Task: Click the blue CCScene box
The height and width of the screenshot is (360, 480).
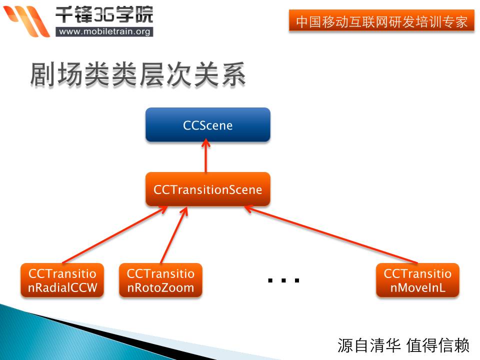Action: click(x=208, y=124)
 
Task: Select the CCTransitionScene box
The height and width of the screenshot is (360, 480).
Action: click(x=208, y=189)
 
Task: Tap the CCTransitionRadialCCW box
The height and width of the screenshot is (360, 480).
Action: click(x=62, y=280)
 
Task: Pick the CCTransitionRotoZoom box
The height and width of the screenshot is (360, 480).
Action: click(x=160, y=280)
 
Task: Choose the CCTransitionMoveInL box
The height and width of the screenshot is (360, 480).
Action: click(x=417, y=280)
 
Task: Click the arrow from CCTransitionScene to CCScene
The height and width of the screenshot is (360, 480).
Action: click(x=205, y=155)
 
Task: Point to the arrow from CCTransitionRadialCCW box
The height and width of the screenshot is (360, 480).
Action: click(x=115, y=234)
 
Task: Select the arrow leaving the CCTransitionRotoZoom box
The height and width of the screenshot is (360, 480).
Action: click(x=174, y=235)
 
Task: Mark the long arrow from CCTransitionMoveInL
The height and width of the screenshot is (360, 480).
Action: click(x=330, y=234)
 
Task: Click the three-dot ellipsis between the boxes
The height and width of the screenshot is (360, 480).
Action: click(x=283, y=280)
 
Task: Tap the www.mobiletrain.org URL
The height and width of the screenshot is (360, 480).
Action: click(x=104, y=31)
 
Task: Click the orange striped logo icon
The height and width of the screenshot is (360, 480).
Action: click(x=26, y=21)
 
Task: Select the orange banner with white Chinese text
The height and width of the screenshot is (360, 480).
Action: click(x=381, y=20)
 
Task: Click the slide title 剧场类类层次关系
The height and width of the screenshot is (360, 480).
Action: click(x=138, y=74)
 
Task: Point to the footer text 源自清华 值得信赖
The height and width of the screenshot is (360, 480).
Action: click(x=403, y=345)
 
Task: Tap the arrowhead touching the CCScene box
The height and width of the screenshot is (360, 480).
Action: click(x=205, y=142)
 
